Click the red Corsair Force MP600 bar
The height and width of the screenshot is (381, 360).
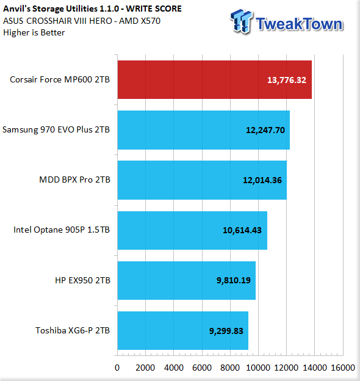[215, 80]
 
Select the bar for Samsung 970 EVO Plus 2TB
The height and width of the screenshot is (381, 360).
[204, 130]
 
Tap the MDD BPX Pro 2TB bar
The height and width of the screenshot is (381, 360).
[202, 180]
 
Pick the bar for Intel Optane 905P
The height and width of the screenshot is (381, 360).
[192, 230]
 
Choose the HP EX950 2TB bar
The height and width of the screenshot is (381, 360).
[187, 280]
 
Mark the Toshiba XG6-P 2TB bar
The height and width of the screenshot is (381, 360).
[183, 331]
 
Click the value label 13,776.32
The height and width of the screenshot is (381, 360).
[287, 80]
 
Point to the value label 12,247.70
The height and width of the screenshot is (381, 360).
[265, 130]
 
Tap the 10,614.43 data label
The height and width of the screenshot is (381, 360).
[242, 230]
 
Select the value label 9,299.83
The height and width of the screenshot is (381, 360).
[226, 331]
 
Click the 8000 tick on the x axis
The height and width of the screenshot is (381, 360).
[230, 368]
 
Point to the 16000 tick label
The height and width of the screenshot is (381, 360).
[343, 368]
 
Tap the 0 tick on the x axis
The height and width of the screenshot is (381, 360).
[117, 368]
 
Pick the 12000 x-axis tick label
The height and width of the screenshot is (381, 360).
[286, 368]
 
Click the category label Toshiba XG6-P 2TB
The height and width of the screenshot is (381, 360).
[73, 330]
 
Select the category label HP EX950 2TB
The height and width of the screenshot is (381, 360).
[82, 280]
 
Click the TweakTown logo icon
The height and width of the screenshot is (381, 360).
[242, 21]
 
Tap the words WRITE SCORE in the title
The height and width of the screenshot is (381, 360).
[154, 9]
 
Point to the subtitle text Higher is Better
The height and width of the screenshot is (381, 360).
[34, 32]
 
